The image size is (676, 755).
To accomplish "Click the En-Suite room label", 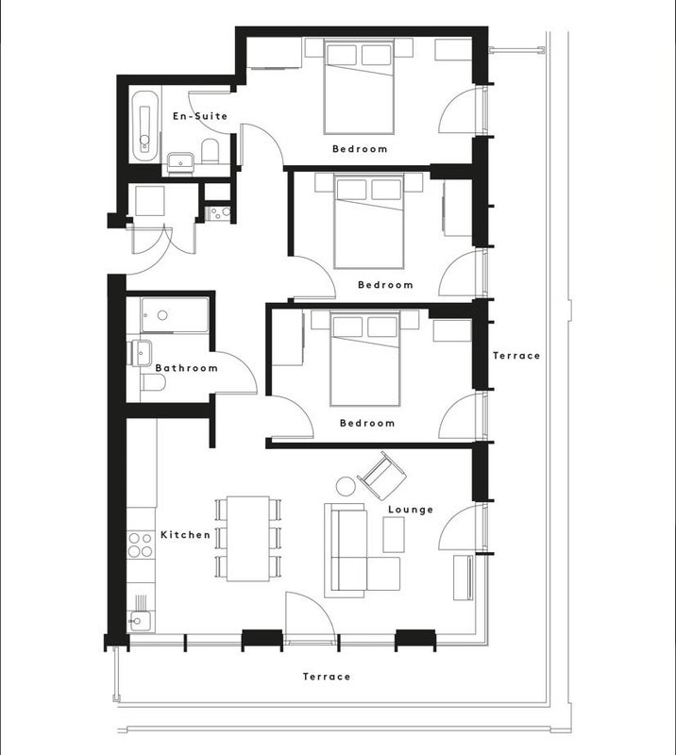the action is [200, 116].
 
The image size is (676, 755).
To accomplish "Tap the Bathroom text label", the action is [186, 368].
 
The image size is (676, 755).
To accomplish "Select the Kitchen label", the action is [185, 535].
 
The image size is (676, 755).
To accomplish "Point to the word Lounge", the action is [411, 510].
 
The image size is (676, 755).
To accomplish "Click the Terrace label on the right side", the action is [516, 356].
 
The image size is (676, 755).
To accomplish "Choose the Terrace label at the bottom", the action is [326, 677].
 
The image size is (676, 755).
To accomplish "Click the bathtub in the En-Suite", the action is [144, 126].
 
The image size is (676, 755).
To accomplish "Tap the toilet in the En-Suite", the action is [211, 151].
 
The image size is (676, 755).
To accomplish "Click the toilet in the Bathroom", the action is [154, 382].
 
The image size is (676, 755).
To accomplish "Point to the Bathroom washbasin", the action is [141, 353].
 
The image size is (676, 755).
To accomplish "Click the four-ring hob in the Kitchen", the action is [141, 545].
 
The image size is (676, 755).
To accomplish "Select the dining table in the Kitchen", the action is [248, 539].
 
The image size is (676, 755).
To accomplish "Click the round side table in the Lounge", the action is [346, 486].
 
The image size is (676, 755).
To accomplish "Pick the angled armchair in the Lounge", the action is [381, 476].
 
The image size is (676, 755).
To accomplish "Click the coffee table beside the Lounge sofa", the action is [394, 534].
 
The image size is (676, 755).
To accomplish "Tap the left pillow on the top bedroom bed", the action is [342, 55].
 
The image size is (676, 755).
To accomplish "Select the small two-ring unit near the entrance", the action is [218, 213].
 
